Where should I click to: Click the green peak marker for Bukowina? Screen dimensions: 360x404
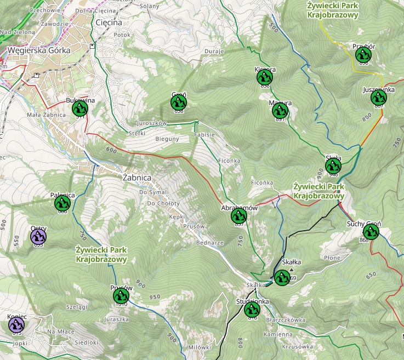pos(80,108)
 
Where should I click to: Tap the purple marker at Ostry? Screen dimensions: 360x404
pos(38,237)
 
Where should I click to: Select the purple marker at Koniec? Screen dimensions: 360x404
pos(16,325)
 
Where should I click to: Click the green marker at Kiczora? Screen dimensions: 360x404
pos(265,78)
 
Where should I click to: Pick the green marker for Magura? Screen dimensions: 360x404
pos(280,111)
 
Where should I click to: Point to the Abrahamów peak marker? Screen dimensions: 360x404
pos(239,216)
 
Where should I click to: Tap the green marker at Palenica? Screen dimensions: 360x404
pos(62,203)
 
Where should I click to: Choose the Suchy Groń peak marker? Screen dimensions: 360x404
pos(371,231)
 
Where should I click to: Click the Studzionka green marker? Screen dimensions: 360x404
pos(252,310)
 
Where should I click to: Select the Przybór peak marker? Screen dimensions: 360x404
pos(363,55)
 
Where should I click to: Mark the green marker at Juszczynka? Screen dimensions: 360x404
pos(379,98)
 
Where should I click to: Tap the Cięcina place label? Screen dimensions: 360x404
pos(109,22)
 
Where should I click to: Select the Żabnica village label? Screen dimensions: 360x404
pos(137,178)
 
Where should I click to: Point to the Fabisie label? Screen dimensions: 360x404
pos(203,134)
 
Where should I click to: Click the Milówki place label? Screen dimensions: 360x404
pos(199,347)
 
